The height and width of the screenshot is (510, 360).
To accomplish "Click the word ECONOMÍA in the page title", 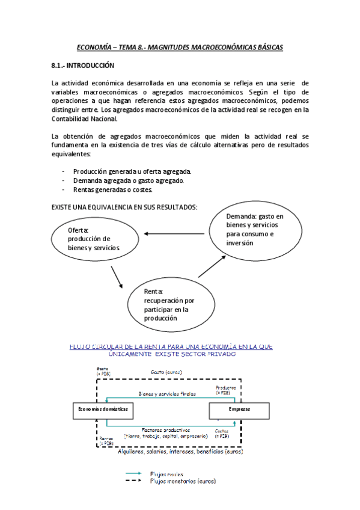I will pos(96,46).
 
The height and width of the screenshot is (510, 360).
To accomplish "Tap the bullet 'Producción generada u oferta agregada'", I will pos(132,171).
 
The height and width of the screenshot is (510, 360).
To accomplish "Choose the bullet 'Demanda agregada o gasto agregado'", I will pos(128,180).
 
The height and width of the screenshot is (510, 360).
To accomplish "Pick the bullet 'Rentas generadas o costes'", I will pos(112,189).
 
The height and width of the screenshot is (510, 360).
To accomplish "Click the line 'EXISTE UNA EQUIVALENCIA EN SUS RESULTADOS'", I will pos(124,207).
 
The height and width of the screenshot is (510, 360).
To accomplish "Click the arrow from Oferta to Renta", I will pos(118,277).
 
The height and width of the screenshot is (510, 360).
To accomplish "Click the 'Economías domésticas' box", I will pos(101,409).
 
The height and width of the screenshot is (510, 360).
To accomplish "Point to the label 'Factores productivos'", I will pos(166,430).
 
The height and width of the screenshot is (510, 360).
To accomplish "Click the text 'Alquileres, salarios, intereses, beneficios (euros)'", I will pos(180,451).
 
